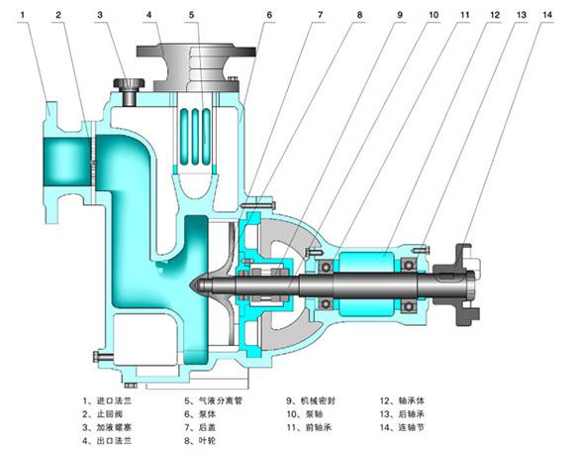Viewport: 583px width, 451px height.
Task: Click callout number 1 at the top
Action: pos(23,15)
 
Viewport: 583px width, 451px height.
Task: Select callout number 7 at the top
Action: pos(320,15)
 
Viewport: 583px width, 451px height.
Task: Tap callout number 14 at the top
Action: pos(547,15)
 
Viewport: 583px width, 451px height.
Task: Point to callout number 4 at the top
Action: pos(149,15)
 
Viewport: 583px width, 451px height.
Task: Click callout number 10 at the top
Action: pos(434,15)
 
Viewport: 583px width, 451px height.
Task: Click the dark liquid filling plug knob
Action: pos(129,83)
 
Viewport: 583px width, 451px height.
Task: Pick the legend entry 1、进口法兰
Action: pos(108,400)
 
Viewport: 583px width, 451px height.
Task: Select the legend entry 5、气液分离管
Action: pos(214,400)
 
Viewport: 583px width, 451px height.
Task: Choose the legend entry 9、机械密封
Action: pos(311,400)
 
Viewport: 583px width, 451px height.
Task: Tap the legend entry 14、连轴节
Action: pos(402,427)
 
